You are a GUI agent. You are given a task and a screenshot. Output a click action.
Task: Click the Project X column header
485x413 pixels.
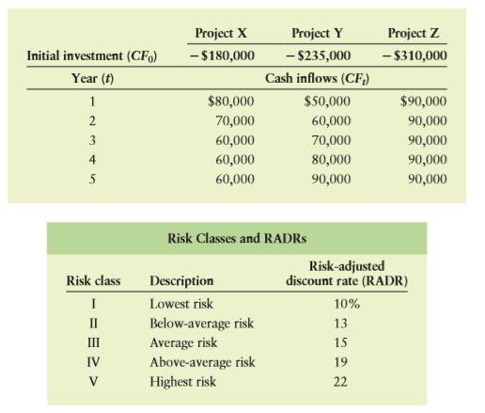(x=221, y=33)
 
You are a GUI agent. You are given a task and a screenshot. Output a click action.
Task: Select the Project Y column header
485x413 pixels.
(x=317, y=33)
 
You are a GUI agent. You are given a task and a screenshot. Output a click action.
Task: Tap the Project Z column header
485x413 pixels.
(x=414, y=33)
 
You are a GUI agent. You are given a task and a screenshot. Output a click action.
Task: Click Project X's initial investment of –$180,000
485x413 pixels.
(x=222, y=56)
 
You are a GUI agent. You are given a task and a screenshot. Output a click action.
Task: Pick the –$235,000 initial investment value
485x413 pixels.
(x=319, y=56)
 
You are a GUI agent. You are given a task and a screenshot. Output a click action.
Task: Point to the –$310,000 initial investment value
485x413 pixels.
(x=415, y=56)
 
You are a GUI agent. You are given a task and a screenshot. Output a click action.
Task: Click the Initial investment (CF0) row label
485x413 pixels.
(x=92, y=56)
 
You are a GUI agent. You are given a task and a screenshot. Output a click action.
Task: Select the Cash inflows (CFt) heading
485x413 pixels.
(x=317, y=78)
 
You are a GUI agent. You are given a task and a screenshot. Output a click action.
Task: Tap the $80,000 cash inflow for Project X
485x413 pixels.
(x=231, y=102)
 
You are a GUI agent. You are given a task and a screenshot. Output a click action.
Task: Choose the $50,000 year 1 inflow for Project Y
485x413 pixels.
(x=327, y=102)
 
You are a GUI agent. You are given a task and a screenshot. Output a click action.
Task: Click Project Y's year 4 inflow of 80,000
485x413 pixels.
(x=331, y=160)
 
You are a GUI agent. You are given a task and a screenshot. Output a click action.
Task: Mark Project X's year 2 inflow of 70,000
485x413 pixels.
(x=235, y=120)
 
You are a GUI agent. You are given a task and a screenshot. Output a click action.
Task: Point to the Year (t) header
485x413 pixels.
(x=93, y=78)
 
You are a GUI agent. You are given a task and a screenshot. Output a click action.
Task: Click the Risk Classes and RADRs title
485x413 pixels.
(x=237, y=238)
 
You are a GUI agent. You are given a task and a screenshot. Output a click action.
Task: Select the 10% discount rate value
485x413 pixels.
(x=347, y=304)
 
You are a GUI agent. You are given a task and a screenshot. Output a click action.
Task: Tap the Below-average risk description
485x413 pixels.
(x=201, y=324)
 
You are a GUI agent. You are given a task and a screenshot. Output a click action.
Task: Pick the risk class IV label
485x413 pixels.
(x=93, y=362)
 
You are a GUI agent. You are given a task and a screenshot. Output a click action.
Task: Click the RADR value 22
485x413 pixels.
(x=340, y=382)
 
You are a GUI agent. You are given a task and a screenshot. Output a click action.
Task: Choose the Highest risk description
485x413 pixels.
(x=182, y=382)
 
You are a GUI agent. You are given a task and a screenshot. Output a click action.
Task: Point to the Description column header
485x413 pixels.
(x=181, y=281)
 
